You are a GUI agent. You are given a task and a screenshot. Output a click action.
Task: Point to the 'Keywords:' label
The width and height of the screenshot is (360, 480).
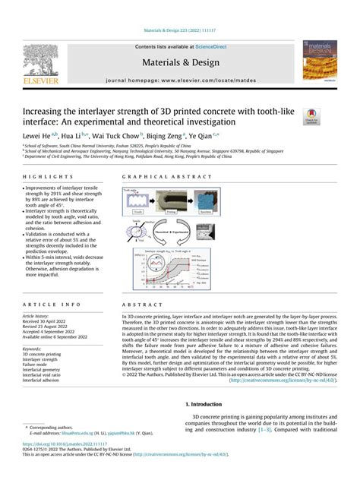point(33,348)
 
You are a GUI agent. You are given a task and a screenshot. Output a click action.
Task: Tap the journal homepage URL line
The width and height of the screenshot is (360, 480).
point(179,79)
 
